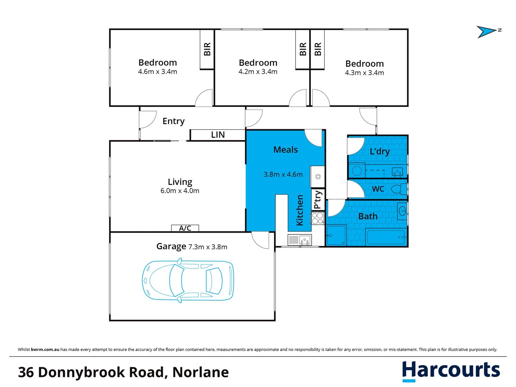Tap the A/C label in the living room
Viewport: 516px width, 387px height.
185,228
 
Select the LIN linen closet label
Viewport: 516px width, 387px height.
218,135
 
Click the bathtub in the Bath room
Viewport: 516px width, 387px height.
386,237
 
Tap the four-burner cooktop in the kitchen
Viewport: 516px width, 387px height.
318,218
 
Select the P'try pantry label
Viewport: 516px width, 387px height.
318,200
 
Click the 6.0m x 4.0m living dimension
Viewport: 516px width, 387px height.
180,191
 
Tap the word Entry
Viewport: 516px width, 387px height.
174,121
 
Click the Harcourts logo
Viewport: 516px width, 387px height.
451,370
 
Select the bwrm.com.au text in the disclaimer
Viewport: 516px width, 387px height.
45,349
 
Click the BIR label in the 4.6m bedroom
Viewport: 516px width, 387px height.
207,49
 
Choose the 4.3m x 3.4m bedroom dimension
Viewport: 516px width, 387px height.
364,73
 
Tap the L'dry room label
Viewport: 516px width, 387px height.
380,152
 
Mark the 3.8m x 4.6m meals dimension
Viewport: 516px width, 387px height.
283,175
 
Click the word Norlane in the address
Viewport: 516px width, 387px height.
200,372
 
